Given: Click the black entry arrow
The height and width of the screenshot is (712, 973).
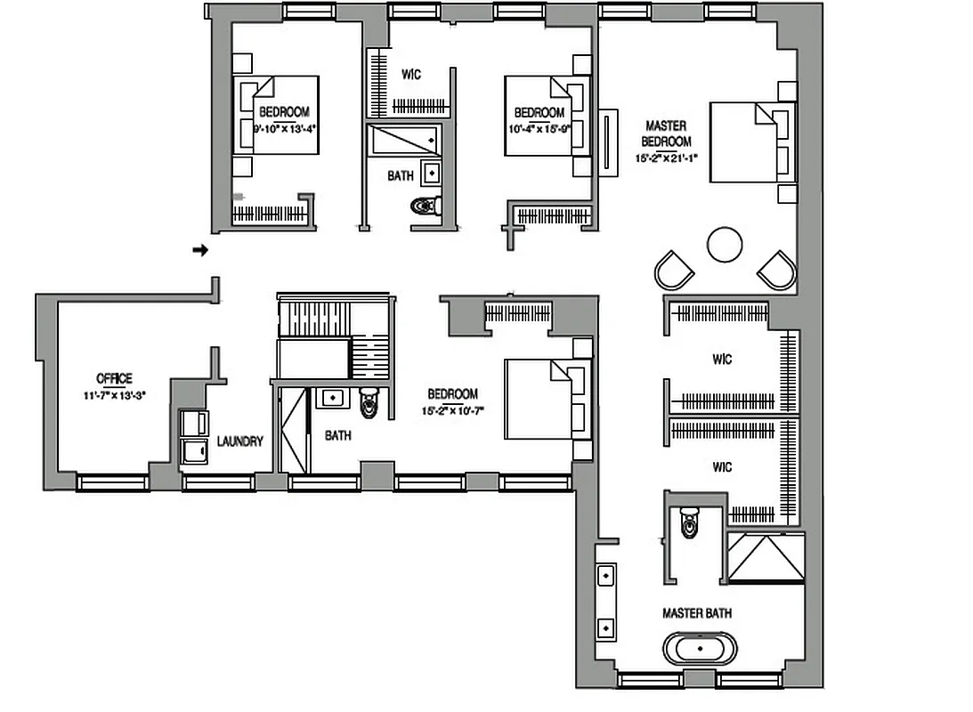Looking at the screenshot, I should (201, 250).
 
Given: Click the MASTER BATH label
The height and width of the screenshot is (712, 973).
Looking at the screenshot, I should (697, 613).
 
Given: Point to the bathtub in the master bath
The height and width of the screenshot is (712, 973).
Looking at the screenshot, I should (701, 648).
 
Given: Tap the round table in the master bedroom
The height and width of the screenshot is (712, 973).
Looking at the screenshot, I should (724, 244).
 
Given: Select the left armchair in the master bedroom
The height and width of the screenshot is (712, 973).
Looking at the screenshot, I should (674, 269).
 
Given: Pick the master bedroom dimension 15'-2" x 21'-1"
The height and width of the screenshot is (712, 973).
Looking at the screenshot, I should (666, 158).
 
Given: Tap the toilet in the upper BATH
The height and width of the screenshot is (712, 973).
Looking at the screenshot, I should (426, 207).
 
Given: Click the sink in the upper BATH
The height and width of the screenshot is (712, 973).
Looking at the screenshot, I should (431, 171).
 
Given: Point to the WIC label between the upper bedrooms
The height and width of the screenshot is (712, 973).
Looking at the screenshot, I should (410, 75).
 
